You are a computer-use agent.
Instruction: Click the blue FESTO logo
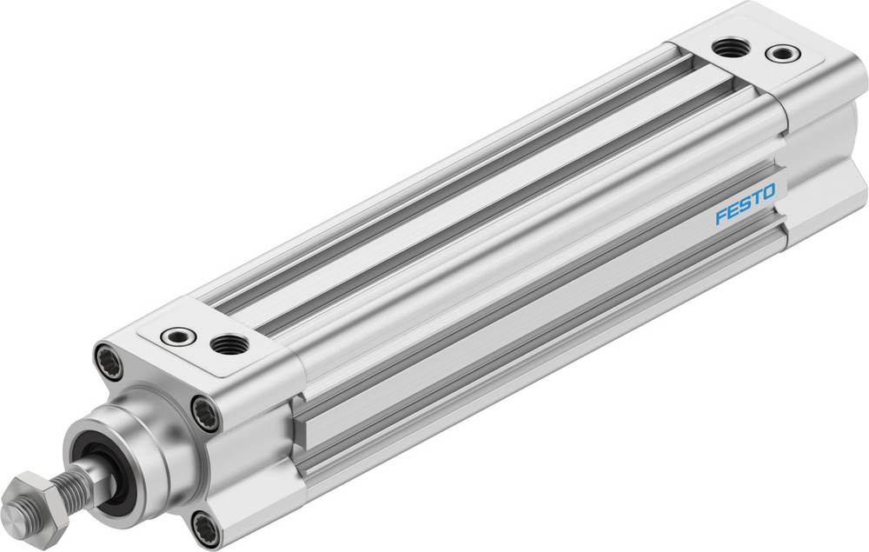click(745, 206)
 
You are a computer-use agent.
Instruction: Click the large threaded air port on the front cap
click(229, 344)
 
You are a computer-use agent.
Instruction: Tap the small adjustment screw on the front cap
click(178, 336)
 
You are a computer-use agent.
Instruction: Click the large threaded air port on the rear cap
click(732, 48)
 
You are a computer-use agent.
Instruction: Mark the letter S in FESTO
click(745, 206)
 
